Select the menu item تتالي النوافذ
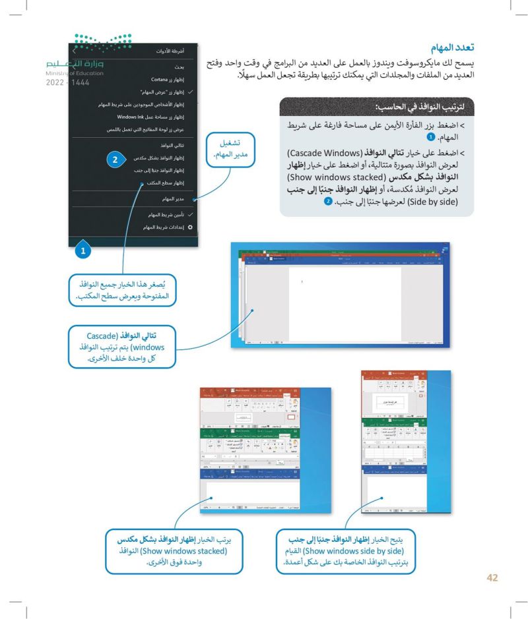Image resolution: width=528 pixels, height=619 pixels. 169,144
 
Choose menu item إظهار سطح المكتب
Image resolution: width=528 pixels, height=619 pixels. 160,183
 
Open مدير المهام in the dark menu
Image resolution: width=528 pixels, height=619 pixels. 170,198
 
